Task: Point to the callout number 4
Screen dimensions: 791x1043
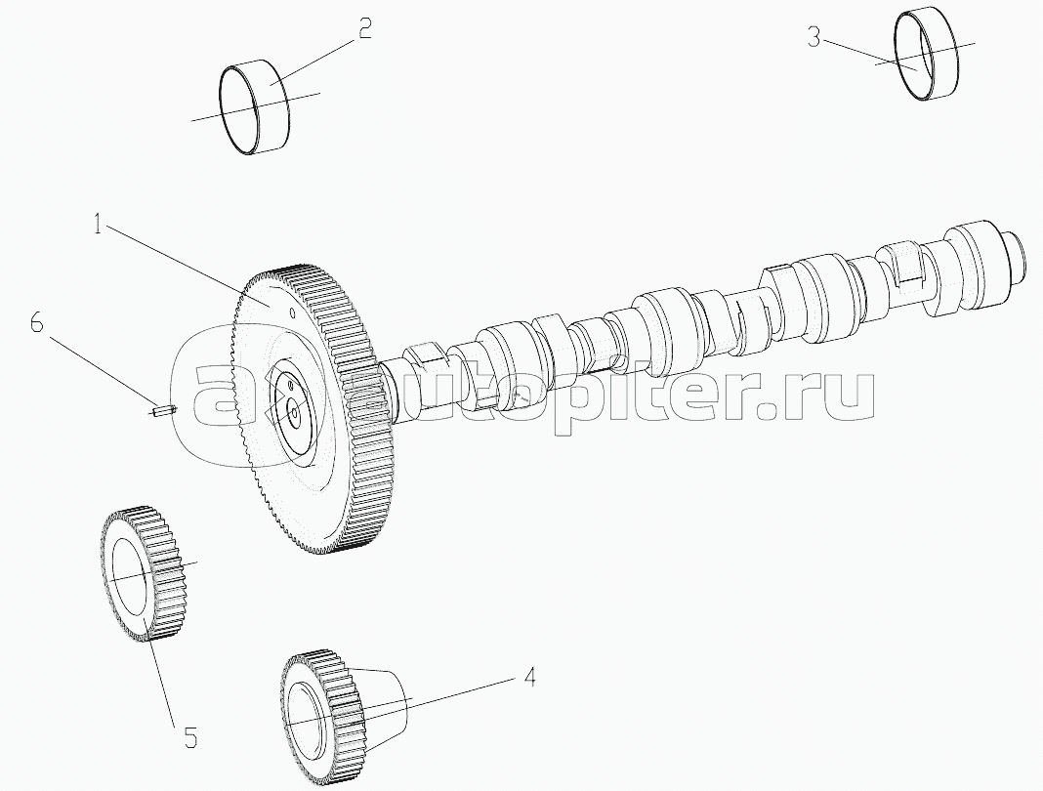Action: pos(528,676)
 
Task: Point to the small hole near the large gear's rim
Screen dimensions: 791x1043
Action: pos(291,313)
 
